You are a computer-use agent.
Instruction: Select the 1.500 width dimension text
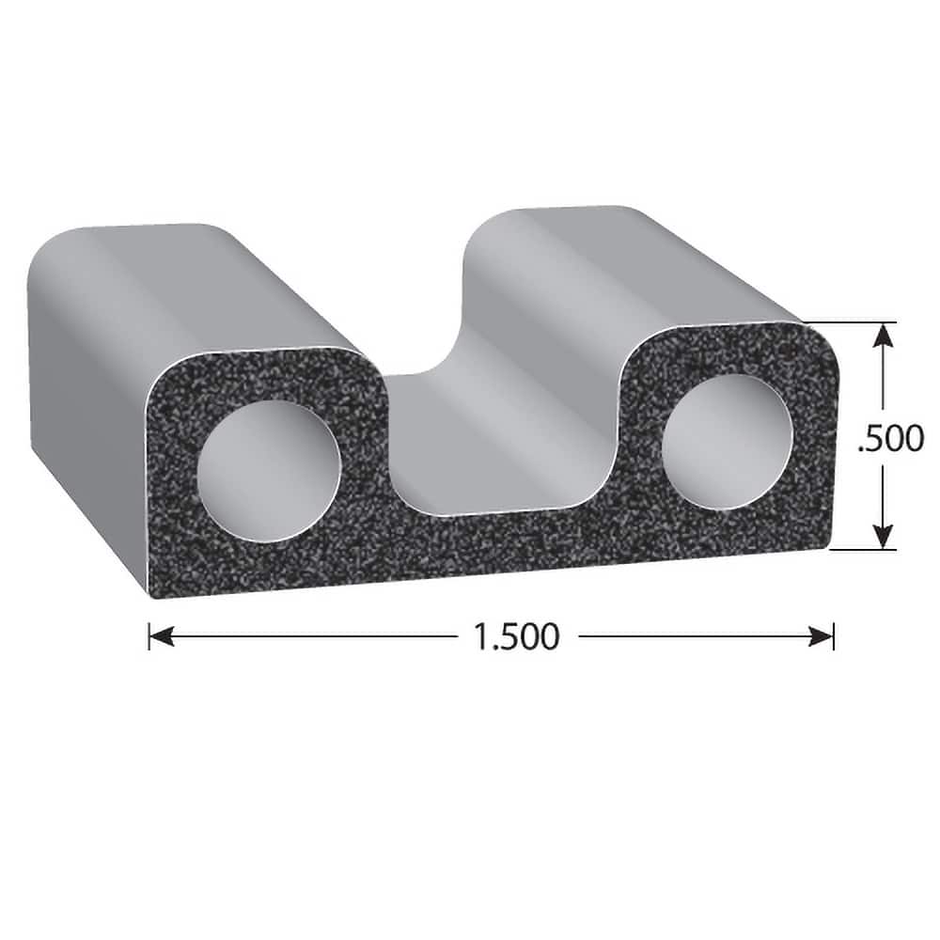516,636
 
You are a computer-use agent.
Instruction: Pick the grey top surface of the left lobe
197,282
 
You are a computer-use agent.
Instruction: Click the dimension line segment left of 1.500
310,636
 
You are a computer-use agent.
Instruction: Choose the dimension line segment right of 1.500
696,636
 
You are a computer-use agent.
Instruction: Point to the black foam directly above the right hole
724,352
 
